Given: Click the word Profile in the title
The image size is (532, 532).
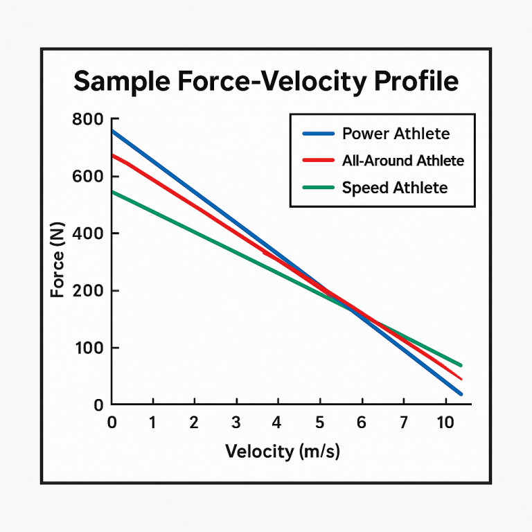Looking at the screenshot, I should click(416, 81).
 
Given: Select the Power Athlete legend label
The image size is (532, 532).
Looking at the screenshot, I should click(396, 134).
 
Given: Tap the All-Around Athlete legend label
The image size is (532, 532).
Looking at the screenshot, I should click(402, 161).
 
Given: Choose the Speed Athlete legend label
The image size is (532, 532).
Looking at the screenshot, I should click(394, 188).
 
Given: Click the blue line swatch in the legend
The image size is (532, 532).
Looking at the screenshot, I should click(319, 134).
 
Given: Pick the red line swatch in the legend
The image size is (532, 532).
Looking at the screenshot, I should click(319, 161).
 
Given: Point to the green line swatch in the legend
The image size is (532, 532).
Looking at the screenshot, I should click(319, 188).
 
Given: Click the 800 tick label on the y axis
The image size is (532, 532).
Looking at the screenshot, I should click(87, 120).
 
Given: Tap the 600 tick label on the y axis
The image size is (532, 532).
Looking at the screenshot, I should click(87, 177).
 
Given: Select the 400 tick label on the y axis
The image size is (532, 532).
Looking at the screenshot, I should click(87, 233).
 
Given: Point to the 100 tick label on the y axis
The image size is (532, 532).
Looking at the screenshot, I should click(87, 348).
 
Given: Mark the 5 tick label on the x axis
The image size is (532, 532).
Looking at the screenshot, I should click(319, 422).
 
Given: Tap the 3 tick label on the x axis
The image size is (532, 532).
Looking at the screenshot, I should click(236, 422).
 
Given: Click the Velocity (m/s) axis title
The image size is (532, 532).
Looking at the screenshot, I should click(283, 452).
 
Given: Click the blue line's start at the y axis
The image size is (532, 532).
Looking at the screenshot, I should click(113, 131).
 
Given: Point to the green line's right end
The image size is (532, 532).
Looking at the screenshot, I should click(460, 365).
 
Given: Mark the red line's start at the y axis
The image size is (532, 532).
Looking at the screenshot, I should click(113, 155).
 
